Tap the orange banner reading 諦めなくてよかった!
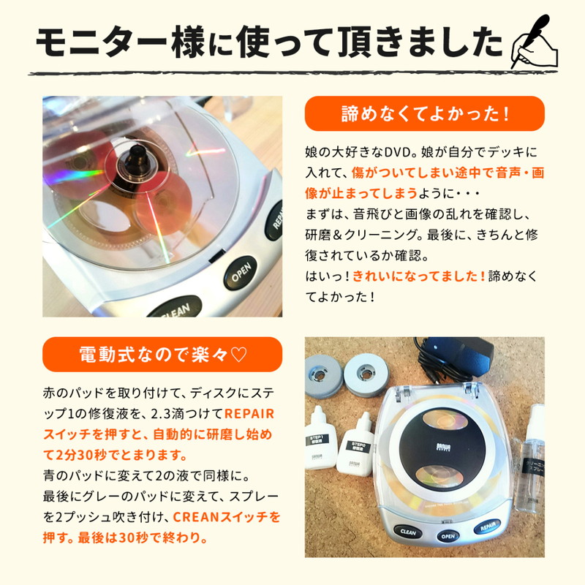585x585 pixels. [x=424, y=113]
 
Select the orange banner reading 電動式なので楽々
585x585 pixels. [x=162, y=355]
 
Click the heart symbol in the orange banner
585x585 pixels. [x=238, y=355]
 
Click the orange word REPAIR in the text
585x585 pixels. [x=253, y=412]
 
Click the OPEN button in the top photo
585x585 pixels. [x=241, y=277]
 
